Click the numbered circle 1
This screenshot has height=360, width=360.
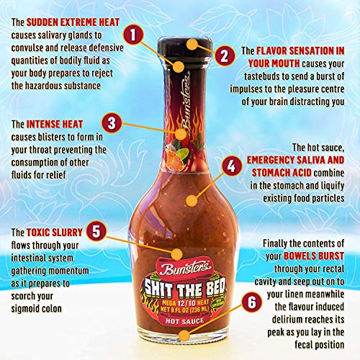(131, 33)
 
